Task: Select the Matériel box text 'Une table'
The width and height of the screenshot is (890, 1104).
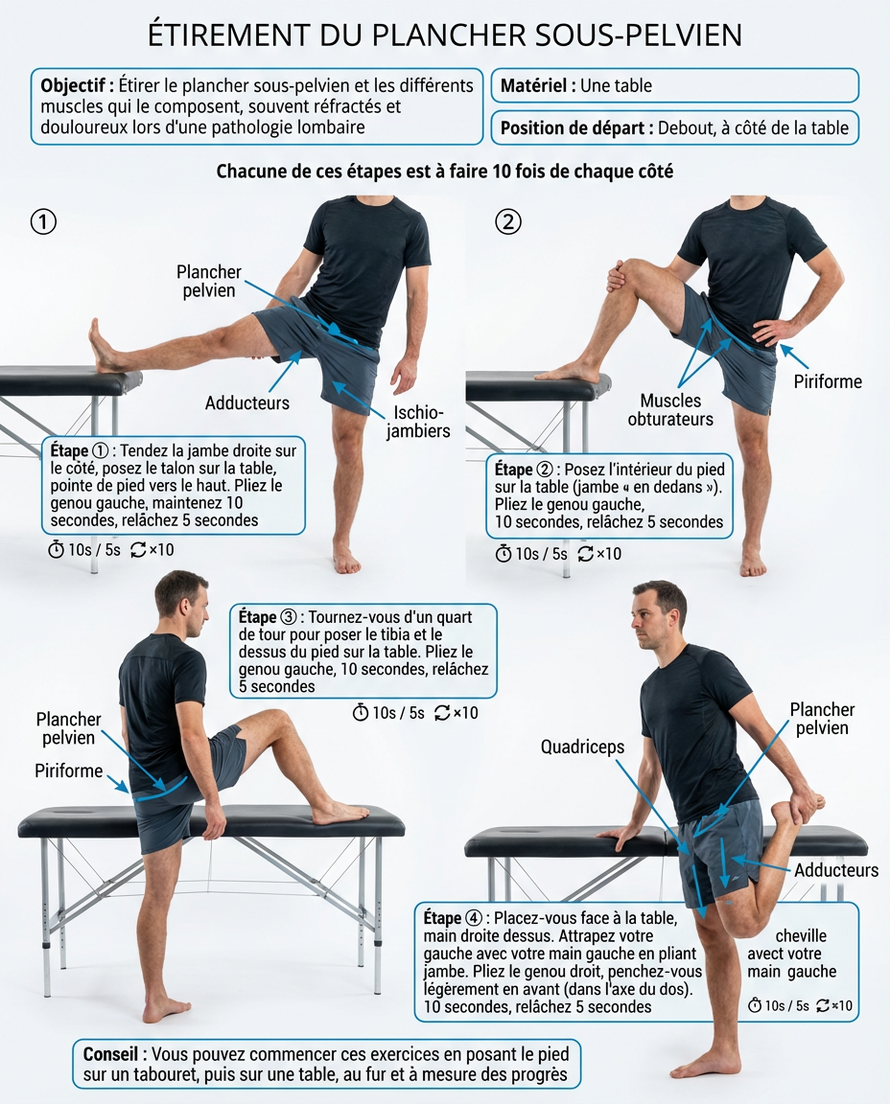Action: tap(616, 86)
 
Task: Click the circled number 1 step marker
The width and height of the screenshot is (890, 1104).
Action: tap(43, 221)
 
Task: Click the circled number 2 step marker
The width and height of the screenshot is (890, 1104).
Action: tap(508, 221)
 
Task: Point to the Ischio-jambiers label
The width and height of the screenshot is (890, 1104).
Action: tap(418, 421)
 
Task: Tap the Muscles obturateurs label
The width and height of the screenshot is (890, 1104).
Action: tap(670, 410)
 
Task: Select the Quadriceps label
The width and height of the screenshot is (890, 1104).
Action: tap(582, 747)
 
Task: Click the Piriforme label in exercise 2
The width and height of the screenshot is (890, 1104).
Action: tap(828, 381)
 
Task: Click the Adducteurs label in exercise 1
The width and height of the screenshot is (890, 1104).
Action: tap(246, 402)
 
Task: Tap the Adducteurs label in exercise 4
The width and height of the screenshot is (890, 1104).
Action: tap(835, 870)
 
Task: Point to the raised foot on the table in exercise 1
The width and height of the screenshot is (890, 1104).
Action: tap(105, 345)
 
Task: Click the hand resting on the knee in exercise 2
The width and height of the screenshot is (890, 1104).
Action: tap(617, 276)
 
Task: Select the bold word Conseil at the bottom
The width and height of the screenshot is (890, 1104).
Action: tap(110, 1054)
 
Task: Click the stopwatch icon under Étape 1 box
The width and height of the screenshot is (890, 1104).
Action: tap(56, 550)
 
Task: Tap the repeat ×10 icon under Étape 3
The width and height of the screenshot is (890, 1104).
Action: tap(456, 713)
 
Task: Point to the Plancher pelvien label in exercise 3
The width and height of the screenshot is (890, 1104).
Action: tap(68, 728)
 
